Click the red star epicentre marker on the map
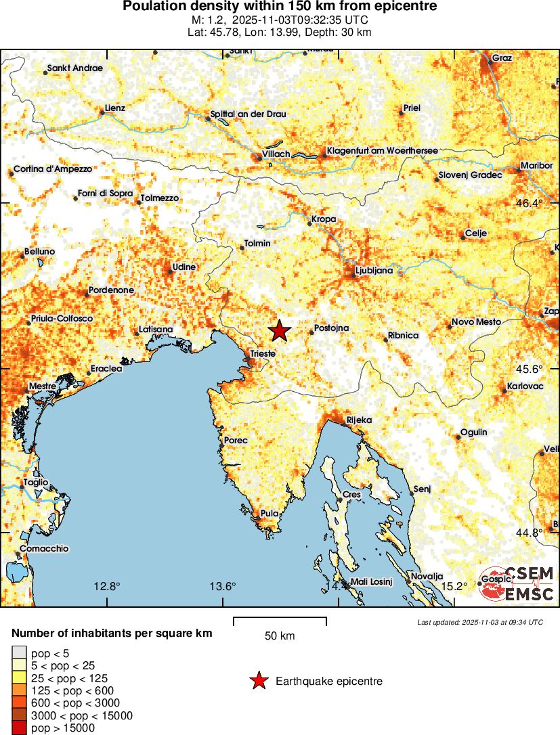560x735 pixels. (279, 331)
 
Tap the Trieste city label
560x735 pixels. (263, 353)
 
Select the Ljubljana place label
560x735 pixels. (374, 271)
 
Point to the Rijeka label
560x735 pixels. (359, 420)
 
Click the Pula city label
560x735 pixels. (270, 514)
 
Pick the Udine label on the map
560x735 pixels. (184, 267)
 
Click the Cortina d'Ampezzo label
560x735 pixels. (53, 169)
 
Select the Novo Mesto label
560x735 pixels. (476, 322)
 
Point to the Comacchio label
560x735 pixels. (44, 549)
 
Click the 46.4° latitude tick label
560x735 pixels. (530, 203)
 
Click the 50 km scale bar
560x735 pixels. (280, 618)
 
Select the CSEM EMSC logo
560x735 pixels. (517, 584)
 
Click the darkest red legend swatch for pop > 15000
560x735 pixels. (18, 728)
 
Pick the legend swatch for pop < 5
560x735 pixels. (18, 653)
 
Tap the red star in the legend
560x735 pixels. (258, 681)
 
